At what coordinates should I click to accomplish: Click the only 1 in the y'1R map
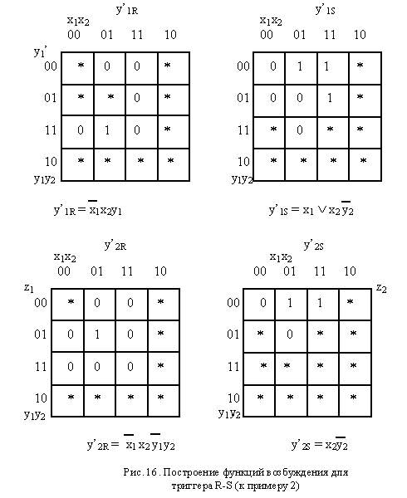click(107, 130)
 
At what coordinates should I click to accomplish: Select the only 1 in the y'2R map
click(97, 334)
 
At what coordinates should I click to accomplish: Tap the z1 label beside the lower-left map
click(28, 288)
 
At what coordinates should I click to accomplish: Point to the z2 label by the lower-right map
click(381, 288)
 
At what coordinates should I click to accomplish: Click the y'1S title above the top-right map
click(325, 9)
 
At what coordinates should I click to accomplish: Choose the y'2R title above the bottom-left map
click(115, 246)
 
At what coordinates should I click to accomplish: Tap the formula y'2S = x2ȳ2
click(320, 444)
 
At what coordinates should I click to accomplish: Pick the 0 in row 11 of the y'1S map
click(300, 130)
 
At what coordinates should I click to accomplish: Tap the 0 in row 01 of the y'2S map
click(289, 334)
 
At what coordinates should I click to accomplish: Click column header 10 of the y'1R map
click(170, 34)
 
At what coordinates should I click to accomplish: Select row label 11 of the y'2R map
click(41, 367)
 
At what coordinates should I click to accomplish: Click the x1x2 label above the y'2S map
click(281, 257)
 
